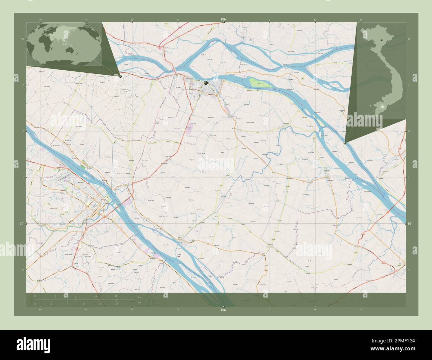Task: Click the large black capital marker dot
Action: (x=206, y=83)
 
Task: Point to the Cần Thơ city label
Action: (x=107, y=204)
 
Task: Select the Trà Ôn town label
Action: (x=181, y=243)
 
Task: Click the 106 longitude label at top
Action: (x=223, y=20)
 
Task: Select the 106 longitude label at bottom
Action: (x=223, y=310)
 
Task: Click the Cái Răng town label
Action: (x=87, y=223)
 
